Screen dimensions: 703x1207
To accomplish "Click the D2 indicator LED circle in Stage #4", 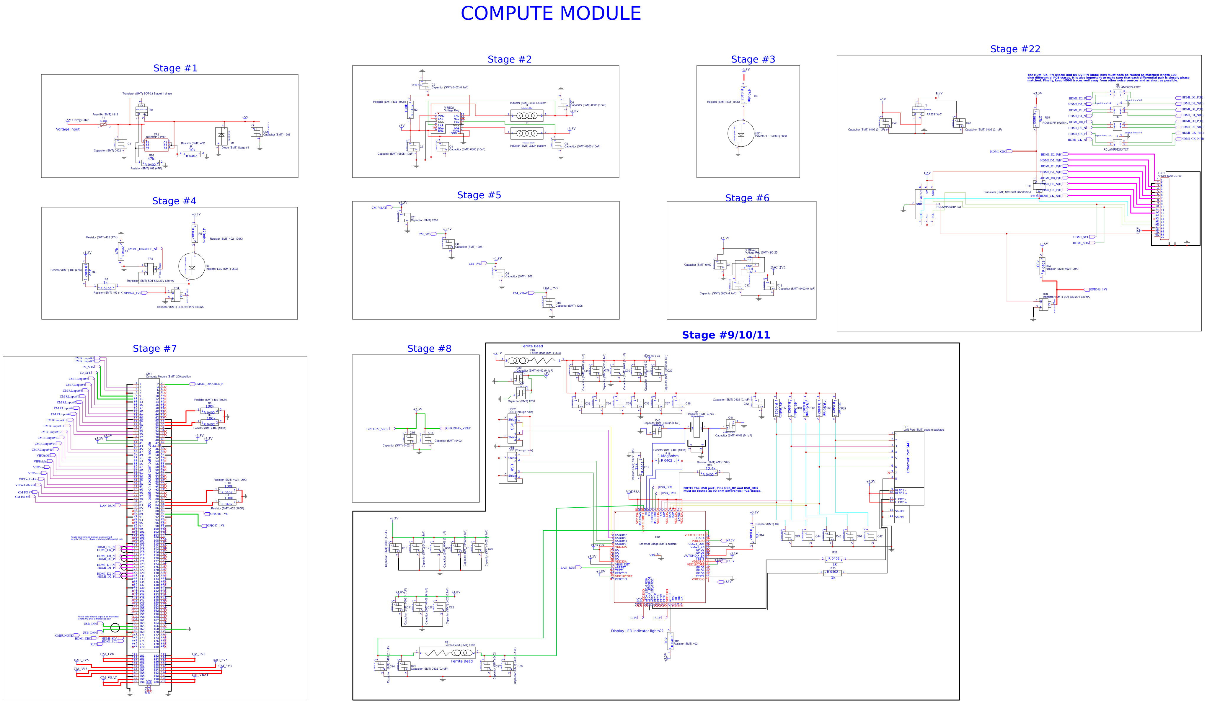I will tap(192, 267).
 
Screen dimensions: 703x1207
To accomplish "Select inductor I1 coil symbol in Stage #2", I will tap(526, 115).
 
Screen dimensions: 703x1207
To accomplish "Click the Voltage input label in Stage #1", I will tap(68, 129).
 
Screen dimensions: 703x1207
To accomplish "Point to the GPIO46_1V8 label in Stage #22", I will tap(1098, 289).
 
